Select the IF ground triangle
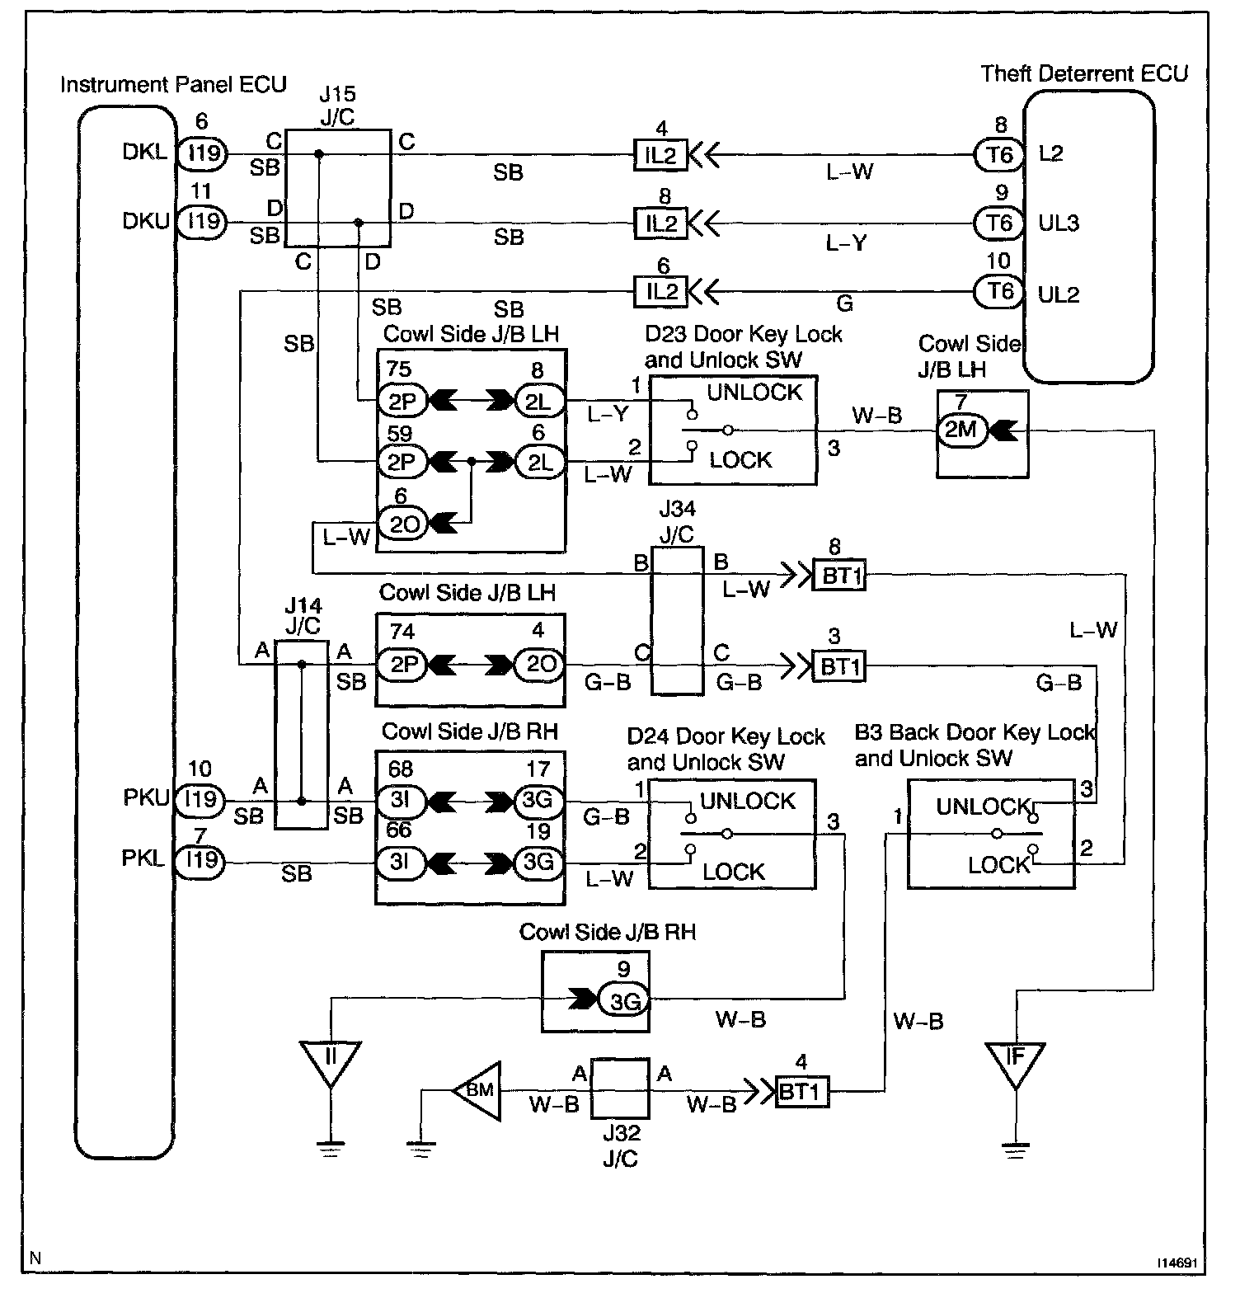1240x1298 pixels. click(1016, 1059)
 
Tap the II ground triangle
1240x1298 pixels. click(330, 1059)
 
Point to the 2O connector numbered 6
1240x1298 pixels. click(402, 523)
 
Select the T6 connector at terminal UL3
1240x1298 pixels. click(998, 223)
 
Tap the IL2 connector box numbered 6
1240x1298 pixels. click(660, 291)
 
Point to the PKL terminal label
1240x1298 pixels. click(144, 859)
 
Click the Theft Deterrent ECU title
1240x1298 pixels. click(1084, 74)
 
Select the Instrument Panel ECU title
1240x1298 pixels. click(173, 84)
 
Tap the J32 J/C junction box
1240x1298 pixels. click(621, 1089)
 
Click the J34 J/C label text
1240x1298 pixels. click(677, 521)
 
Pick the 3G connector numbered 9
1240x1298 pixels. click(624, 1000)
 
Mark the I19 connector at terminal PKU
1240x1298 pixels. click(201, 798)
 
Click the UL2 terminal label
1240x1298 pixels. click(1059, 294)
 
